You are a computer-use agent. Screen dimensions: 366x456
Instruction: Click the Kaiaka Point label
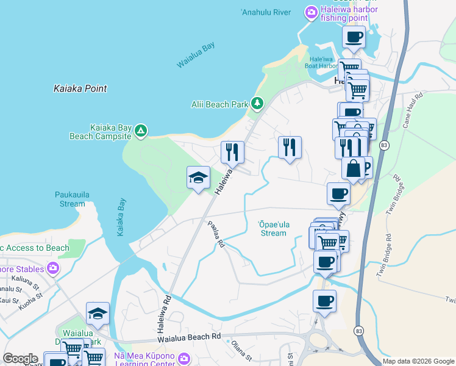click(x=79, y=88)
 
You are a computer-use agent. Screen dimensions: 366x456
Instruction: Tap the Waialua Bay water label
click(x=196, y=56)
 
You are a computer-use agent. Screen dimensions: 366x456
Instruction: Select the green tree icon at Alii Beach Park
click(x=258, y=104)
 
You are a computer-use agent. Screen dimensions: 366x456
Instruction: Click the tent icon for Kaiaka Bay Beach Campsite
click(x=141, y=131)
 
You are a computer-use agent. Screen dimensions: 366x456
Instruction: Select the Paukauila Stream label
click(x=73, y=199)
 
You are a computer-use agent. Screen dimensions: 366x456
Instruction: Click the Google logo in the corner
click(x=20, y=359)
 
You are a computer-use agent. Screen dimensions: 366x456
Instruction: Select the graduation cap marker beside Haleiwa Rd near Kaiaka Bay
click(x=198, y=178)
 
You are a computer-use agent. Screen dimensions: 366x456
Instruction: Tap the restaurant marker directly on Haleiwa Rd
click(x=232, y=152)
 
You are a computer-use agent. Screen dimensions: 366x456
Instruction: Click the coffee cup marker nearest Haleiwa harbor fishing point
click(x=354, y=37)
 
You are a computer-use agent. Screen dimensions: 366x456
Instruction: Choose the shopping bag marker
click(x=353, y=167)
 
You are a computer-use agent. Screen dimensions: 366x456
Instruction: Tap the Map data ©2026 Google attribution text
click(x=418, y=361)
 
